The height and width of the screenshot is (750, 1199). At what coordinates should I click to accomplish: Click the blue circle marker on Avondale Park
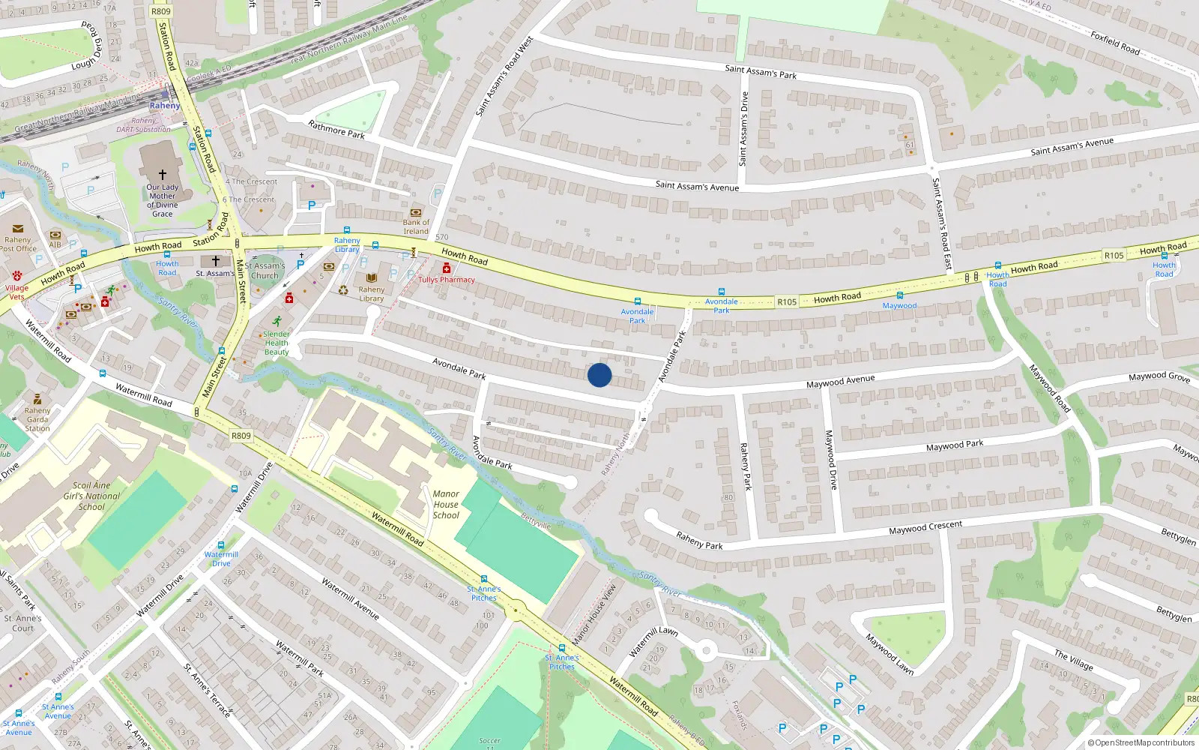[599, 375]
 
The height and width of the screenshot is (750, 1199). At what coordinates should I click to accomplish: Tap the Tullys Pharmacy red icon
[447, 268]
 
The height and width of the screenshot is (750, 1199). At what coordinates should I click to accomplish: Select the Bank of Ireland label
[416, 226]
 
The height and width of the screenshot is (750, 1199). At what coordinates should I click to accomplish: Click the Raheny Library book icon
[371, 278]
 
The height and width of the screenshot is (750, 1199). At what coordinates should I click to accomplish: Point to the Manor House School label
[446, 504]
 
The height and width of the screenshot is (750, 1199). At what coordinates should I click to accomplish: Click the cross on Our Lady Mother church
[163, 174]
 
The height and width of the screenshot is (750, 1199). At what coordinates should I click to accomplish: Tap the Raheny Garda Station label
[37, 419]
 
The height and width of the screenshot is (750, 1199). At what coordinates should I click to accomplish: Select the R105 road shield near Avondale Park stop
[787, 301]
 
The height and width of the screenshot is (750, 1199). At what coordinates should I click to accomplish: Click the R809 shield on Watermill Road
[241, 436]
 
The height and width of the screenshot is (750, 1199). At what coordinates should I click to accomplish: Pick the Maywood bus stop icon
[900, 295]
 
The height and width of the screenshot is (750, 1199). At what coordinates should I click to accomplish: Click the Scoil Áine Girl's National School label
[91, 496]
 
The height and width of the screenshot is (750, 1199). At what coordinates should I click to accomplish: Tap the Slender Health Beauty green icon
[277, 322]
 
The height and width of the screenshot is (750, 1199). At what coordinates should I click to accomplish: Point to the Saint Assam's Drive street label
[743, 128]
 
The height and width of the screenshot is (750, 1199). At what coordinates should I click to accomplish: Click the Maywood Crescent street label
[925, 527]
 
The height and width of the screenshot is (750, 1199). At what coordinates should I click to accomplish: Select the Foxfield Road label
[1115, 43]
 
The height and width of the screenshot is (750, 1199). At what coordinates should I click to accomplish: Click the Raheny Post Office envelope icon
[18, 229]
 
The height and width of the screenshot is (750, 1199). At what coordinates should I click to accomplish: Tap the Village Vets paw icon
[16, 276]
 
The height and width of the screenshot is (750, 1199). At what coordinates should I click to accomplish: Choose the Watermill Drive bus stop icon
[221, 545]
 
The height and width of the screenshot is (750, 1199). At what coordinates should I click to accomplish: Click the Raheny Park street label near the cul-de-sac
[699, 541]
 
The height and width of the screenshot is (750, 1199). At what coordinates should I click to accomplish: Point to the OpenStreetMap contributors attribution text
[1141, 743]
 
